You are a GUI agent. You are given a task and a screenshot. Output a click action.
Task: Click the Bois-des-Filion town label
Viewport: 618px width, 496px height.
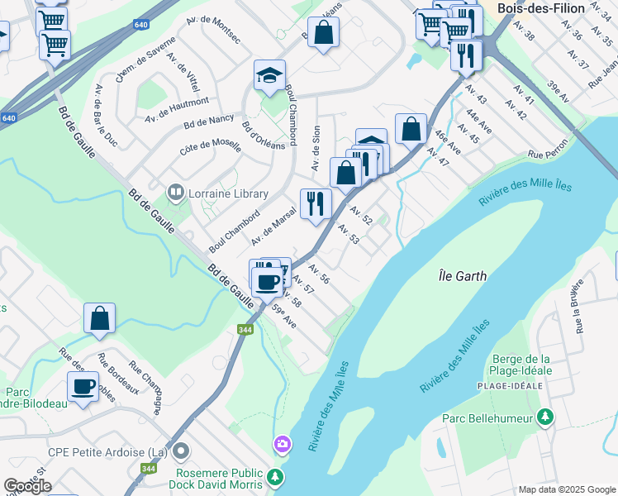point(541,8)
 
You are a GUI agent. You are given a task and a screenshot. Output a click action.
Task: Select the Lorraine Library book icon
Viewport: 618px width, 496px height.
point(175,193)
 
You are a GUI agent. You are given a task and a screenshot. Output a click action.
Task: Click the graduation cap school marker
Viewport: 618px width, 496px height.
point(269,76)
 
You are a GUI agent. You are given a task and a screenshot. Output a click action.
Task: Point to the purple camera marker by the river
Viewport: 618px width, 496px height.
point(283,445)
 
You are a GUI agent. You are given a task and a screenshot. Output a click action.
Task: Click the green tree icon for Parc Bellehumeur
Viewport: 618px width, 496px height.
point(544,418)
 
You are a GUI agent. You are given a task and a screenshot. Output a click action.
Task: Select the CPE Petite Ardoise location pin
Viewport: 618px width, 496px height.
point(182,451)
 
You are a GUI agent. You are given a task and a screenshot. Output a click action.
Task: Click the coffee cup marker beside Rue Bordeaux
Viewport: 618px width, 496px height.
point(83,387)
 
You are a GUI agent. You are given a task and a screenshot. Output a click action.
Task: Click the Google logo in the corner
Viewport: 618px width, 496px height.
point(27,486)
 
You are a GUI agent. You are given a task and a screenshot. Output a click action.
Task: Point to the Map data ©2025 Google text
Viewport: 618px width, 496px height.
point(566,489)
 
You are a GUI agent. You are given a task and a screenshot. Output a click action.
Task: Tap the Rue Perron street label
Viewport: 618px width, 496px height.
point(545,154)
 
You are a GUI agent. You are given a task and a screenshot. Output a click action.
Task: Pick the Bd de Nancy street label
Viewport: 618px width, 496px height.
point(210,120)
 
